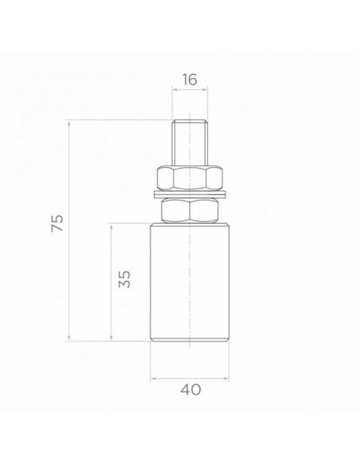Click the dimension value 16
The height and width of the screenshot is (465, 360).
(x=190, y=80)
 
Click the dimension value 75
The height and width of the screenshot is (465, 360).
(x=57, y=223)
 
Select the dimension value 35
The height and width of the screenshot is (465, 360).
(x=124, y=279)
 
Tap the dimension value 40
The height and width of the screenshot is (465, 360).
(x=190, y=389)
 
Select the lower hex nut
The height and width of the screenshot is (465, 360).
(x=190, y=210)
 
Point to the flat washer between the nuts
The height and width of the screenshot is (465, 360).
(x=190, y=194)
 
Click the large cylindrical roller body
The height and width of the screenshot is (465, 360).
(x=190, y=282)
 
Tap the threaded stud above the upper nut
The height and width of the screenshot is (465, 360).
(x=190, y=143)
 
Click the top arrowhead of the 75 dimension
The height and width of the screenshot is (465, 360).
(x=69, y=123)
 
